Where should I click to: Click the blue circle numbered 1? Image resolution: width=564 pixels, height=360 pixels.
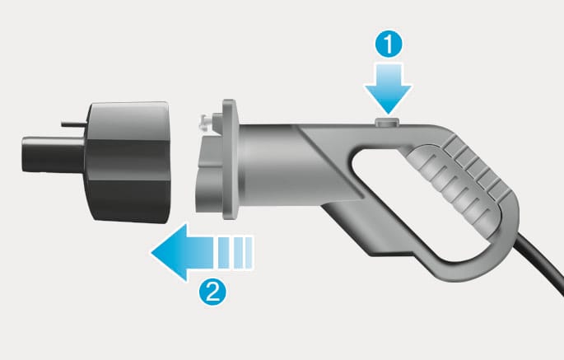tap(389, 44)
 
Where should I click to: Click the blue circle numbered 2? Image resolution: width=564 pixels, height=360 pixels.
tap(212, 292)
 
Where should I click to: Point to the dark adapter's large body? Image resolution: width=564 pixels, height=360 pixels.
tap(128, 162)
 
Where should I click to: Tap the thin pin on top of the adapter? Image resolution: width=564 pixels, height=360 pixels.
tap(74, 124)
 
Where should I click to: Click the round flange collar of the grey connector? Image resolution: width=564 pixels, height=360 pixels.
tap(230, 160)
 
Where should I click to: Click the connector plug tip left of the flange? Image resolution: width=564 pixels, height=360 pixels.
tap(209, 173)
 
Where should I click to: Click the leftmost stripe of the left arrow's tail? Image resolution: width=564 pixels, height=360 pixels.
tap(223, 252)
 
